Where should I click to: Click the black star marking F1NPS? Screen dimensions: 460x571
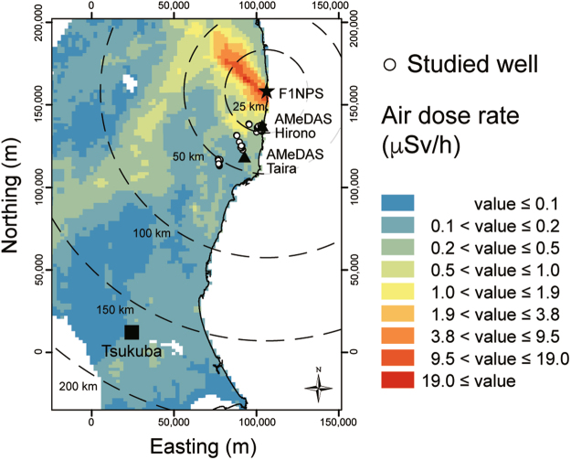click(266, 91)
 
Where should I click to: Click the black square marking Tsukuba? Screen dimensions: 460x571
click(132, 331)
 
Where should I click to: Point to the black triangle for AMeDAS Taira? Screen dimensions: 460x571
click(244, 156)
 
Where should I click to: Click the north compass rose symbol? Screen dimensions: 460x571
click(319, 388)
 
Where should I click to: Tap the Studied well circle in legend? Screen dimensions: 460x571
click(390, 64)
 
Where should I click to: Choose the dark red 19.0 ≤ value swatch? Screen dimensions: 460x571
click(397, 379)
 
